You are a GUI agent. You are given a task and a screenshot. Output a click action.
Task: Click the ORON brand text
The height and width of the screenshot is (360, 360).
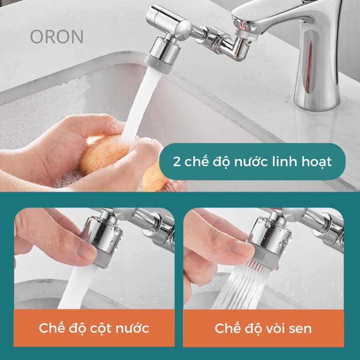click(x=57, y=37)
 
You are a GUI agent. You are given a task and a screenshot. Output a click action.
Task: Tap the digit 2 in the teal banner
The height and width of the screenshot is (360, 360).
click(x=177, y=162)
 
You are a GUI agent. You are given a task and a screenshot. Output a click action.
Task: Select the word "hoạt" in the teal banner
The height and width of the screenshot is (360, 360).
click(x=317, y=162)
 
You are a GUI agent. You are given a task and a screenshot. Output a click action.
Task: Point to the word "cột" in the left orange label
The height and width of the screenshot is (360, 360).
click(x=101, y=328)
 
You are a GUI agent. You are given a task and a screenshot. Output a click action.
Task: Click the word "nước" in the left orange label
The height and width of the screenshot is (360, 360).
click(x=132, y=328)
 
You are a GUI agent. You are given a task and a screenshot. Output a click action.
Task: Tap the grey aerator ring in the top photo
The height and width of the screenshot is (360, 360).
click(x=158, y=65)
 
